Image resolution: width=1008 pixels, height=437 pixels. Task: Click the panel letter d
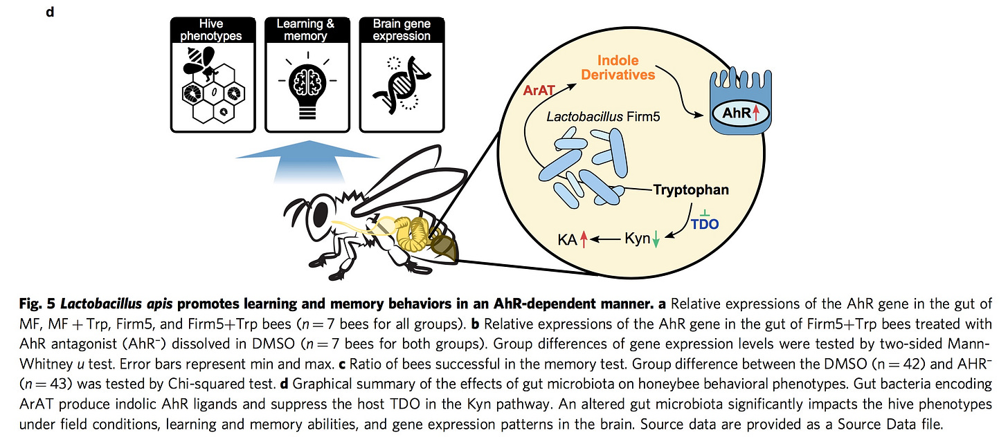(x=50, y=12)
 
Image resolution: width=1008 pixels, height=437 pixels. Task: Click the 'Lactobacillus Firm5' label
(x=603, y=117)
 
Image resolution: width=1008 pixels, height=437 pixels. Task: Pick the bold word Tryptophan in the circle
(x=691, y=190)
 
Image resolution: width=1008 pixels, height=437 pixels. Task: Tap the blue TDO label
(x=705, y=223)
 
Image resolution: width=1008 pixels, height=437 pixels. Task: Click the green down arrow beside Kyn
(x=656, y=239)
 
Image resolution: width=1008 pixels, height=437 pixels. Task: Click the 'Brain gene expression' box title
(x=402, y=30)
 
